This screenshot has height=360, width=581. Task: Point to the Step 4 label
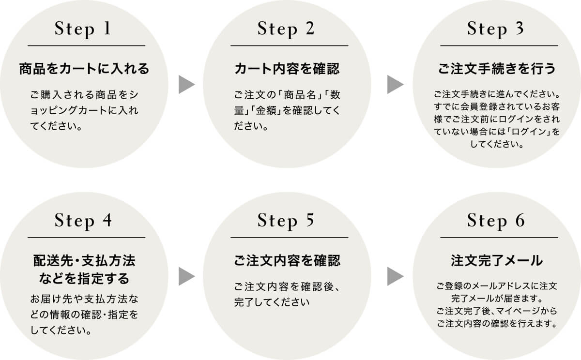point(83,221)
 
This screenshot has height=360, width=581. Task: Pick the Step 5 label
point(286,221)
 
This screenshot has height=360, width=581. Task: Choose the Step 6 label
point(496,221)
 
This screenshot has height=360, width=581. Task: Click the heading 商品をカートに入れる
point(84,69)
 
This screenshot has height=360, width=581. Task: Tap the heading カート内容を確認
point(287,69)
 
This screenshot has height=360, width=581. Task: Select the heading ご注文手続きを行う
point(497,69)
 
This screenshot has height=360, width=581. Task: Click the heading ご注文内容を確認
point(287,261)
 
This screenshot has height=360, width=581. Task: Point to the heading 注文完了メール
point(497,261)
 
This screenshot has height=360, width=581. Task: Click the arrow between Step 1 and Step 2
point(186,84)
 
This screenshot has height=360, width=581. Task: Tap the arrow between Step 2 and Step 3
point(395,84)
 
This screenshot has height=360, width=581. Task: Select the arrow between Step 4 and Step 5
point(186,276)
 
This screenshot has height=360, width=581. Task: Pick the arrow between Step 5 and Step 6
point(395,276)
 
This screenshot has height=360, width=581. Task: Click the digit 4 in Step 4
point(107,221)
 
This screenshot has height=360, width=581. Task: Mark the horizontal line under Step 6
point(499,238)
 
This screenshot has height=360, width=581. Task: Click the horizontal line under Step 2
point(289,45)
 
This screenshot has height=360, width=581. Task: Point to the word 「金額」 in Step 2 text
point(265,111)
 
